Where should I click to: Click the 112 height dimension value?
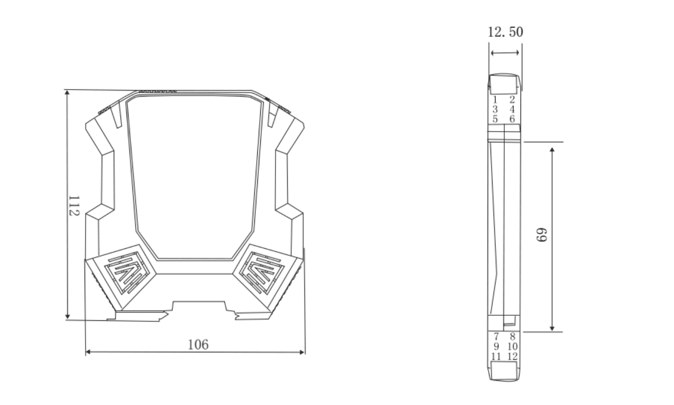74,206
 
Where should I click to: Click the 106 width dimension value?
198,345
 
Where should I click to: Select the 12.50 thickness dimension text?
505,32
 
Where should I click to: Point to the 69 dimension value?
542,235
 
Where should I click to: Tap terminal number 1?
495,100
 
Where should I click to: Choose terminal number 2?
512,100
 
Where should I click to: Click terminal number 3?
495,109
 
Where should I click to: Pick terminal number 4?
512,109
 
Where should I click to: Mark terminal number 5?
495,119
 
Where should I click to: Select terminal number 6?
512,119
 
